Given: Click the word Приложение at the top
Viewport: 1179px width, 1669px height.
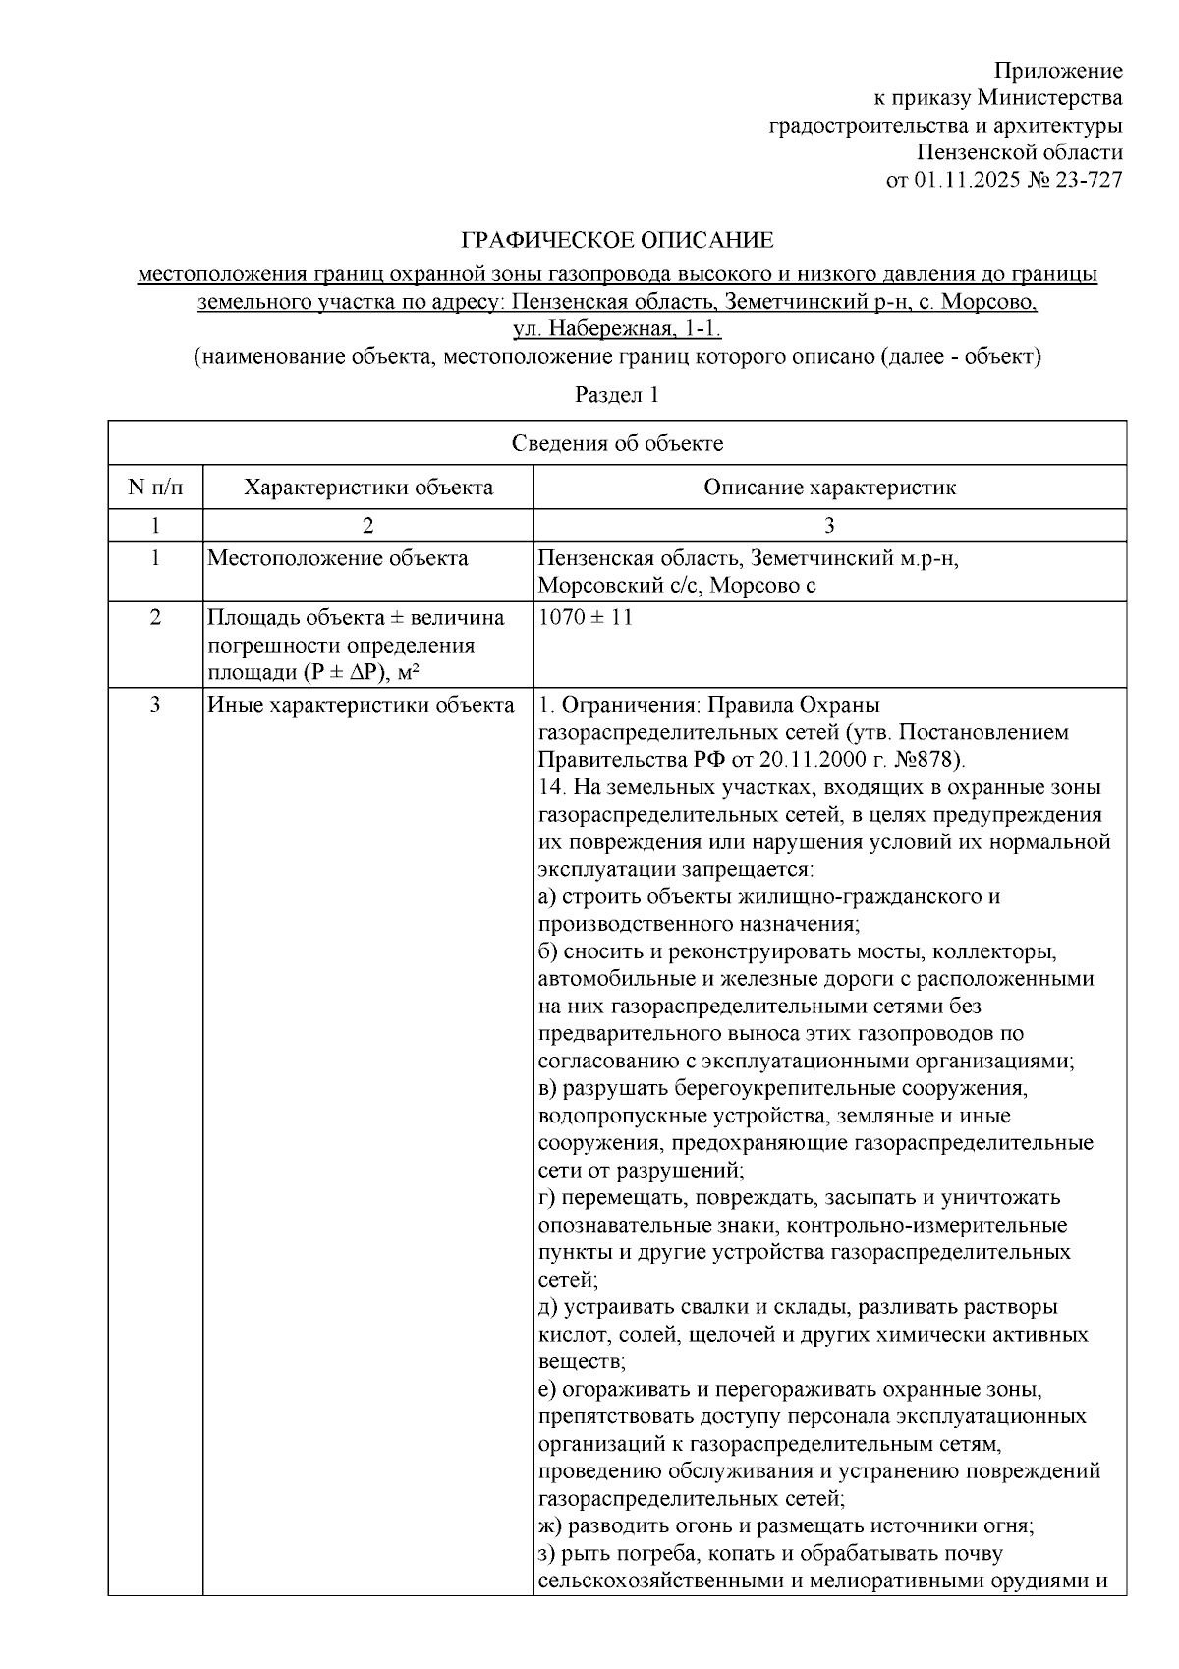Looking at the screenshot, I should coord(1058,71).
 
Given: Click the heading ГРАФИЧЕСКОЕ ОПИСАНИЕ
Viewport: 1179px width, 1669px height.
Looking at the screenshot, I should coord(618,241).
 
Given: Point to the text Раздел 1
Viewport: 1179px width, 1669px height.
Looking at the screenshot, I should coord(617,395).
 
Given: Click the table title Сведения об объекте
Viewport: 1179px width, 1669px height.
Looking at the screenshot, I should coord(617,443).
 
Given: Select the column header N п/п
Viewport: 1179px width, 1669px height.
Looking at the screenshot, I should coord(155,488).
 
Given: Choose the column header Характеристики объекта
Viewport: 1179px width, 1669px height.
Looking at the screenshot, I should coord(368,488).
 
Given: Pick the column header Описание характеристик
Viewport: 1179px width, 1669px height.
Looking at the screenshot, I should coord(829,488).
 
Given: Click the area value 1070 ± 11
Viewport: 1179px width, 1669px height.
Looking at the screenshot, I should coord(586,618).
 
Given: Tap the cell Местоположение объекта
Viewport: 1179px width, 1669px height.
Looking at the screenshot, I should coord(338,559).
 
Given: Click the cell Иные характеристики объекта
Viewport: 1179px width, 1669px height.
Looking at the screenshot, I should coord(361,706).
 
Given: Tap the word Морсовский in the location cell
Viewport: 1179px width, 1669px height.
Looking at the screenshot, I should coord(592,586).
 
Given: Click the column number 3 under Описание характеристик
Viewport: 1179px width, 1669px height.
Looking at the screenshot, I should coord(829,525).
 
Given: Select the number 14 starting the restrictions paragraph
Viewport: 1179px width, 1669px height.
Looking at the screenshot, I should coord(549,788).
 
